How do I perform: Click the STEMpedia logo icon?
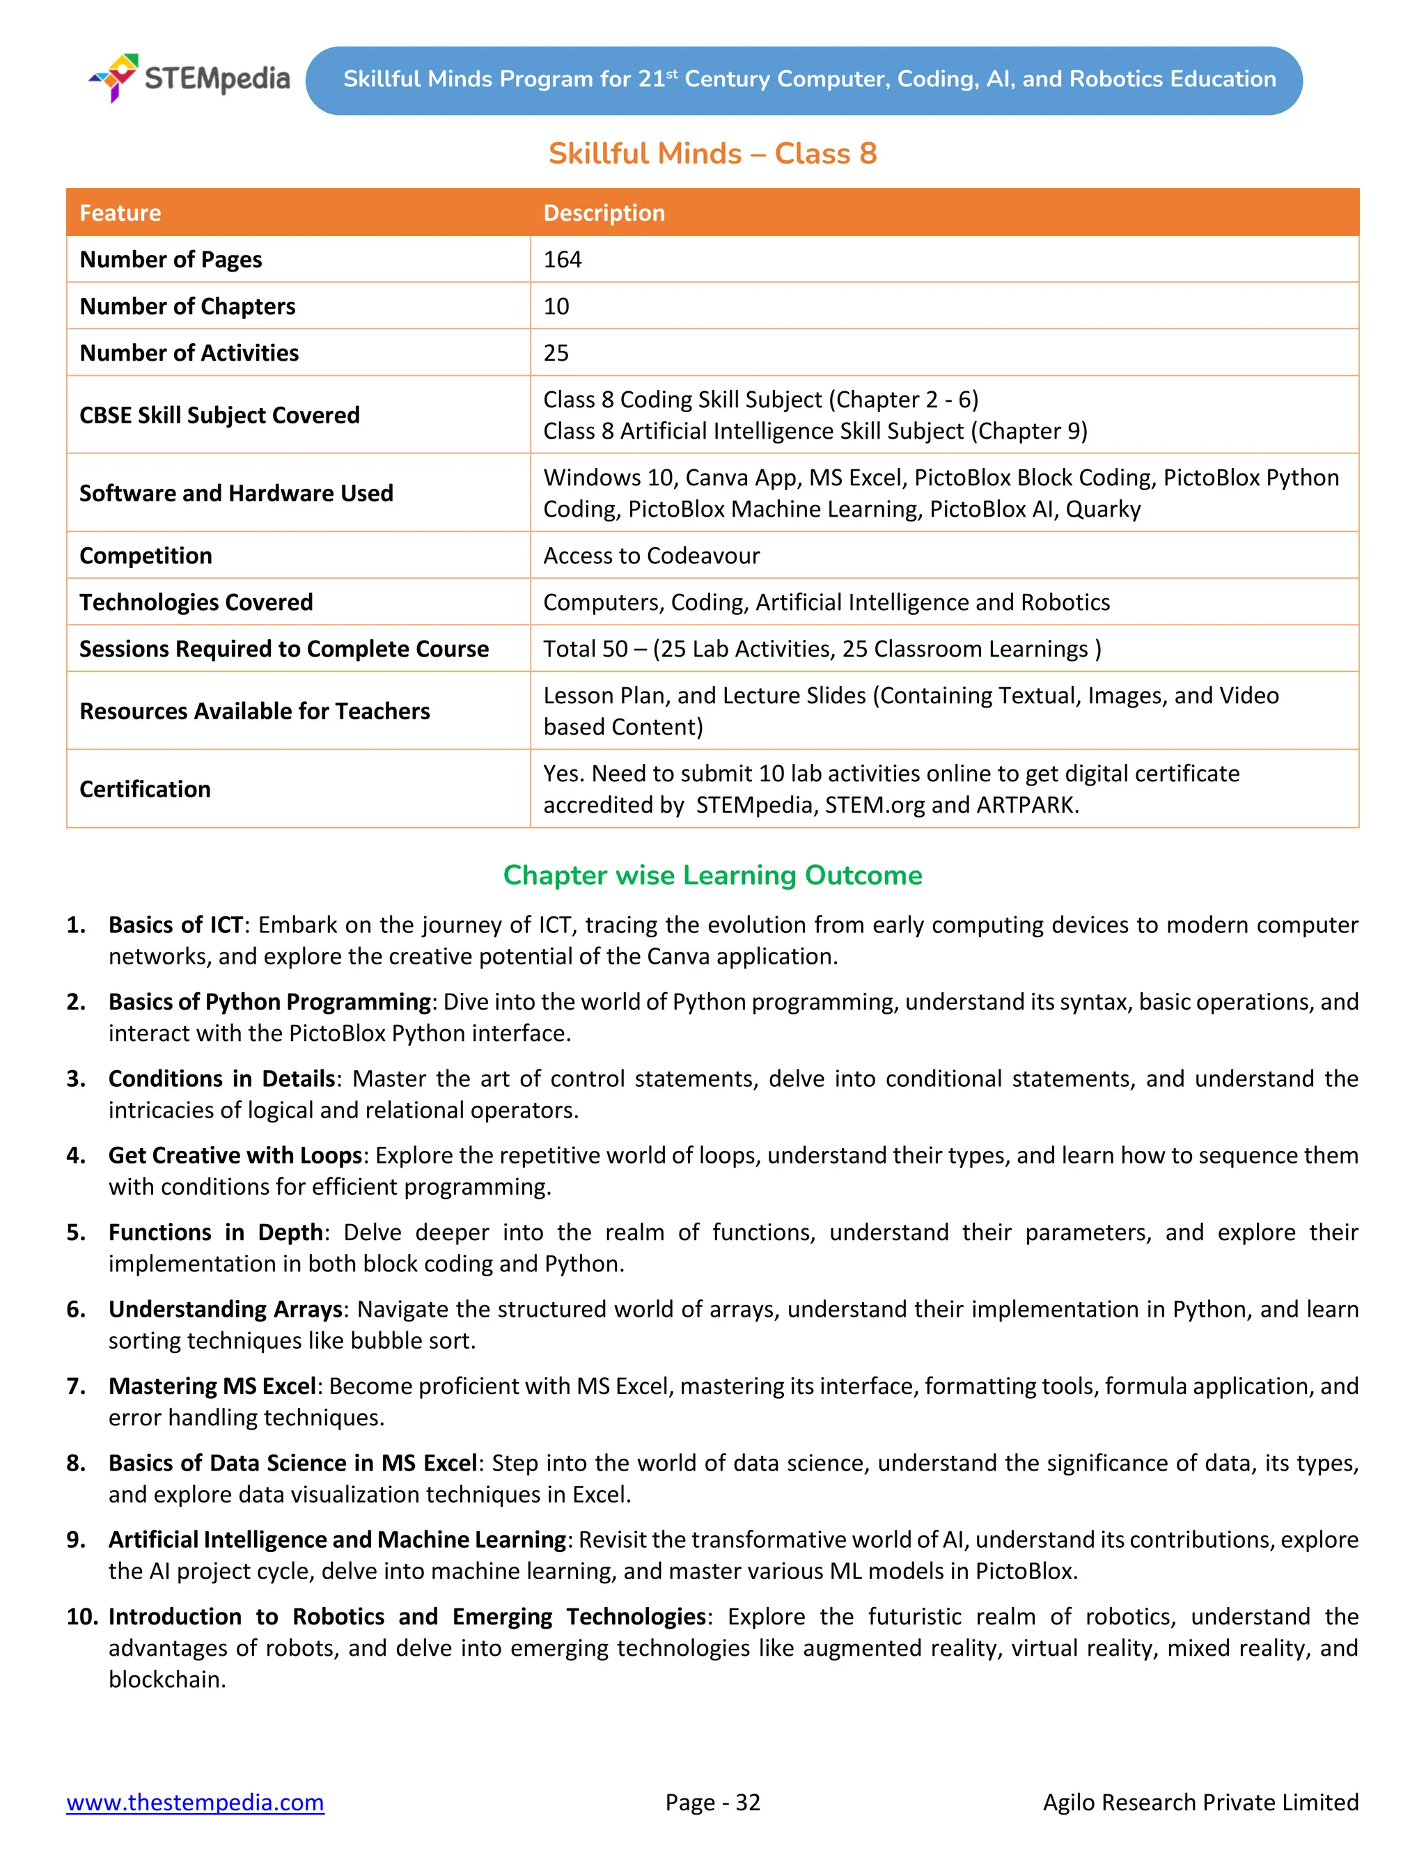click(x=115, y=77)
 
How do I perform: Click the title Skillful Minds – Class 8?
click(x=712, y=154)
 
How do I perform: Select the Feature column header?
click(x=120, y=213)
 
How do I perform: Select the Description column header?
click(x=604, y=213)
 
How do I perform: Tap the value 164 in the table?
click(x=562, y=260)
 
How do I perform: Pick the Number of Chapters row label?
click(x=187, y=306)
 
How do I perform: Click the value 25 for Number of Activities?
click(x=556, y=353)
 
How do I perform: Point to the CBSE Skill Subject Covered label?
click(x=219, y=415)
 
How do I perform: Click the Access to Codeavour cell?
click(x=651, y=556)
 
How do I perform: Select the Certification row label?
click(x=144, y=790)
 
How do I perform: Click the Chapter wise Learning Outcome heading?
click(x=712, y=875)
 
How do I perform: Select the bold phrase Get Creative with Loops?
click(x=235, y=1155)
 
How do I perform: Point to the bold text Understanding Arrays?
click(x=225, y=1309)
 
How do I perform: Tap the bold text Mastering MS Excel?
click(x=212, y=1386)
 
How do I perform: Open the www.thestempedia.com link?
click(x=195, y=1802)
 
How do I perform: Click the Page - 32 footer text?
click(x=712, y=1802)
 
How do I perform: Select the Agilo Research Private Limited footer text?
click(x=1200, y=1802)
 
